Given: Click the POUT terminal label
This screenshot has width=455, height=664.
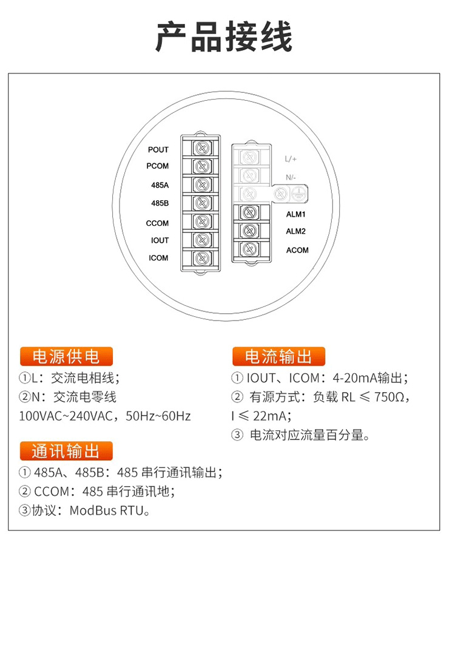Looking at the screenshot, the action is pyautogui.click(x=158, y=150).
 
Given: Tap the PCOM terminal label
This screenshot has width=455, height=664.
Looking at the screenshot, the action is pyautogui.click(x=158, y=166).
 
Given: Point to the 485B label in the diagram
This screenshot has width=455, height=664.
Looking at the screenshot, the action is pyautogui.click(x=160, y=203).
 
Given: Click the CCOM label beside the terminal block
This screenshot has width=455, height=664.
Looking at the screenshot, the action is pyautogui.click(x=158, y=223).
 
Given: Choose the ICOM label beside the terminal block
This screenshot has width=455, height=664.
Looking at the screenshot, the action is pyautogui.click(x=159, y=258).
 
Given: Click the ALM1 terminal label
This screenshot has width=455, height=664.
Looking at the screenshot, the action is pyautogui.click(x=296, y=214).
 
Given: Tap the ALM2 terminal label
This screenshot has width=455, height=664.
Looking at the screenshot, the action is pyautogui.click(x=296, y=231).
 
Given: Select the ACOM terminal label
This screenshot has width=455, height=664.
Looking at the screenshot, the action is pyautogui.click(x=297, y=250).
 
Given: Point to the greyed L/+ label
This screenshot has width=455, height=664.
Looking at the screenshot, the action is pyautogui.click(x=291, y=160).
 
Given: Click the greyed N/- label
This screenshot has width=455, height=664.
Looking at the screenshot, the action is pyautogui.click(x=291, y=177).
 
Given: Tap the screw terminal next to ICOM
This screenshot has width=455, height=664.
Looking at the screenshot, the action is pyautogui.click(x=202, y=258).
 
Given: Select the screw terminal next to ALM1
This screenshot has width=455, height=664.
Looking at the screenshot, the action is pyautogui.click(x=248, y=213).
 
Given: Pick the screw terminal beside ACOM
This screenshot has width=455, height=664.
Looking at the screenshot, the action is pyautogui.click(x=248, y=249).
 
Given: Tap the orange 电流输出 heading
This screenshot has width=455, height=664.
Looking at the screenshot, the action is pyautogui.click(x=278, y=356).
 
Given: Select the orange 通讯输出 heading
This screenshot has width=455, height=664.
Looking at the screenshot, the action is pyautogui.click(x=67, y=451).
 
